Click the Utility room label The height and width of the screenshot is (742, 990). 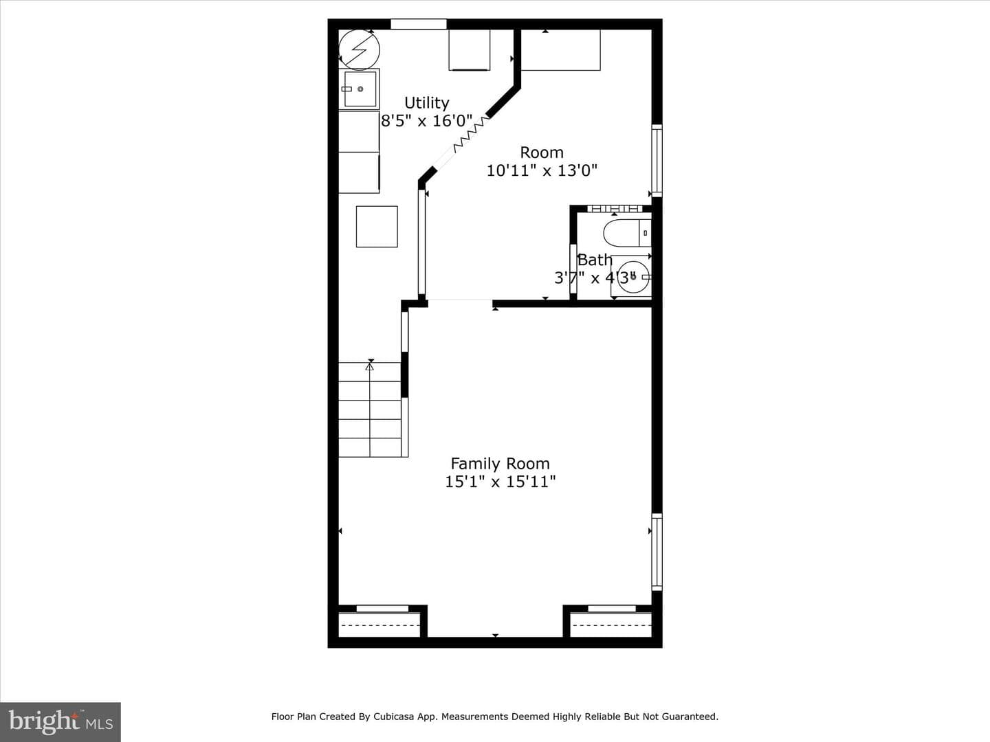pyautogui.click(x=427, y=103)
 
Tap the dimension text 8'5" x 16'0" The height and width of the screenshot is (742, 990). pyautogui.click(x=427, y=121)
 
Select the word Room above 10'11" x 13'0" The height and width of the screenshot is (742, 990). pyautogui.click(x=542, y=153)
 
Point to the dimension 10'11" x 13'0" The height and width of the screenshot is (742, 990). pyautogui.click(x=542, y=171)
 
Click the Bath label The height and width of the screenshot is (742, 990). pyautogui.click(x=595, y=260)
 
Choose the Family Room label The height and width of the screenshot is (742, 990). pyautogui.click(x=500, y=464)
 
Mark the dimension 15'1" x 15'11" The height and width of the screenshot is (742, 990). pyautogui.click(x=500, y=482)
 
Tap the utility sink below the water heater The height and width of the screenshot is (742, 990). pyautogui.click(x=360, y=89)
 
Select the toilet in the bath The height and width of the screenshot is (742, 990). pyautogui.click(x=628, y=233)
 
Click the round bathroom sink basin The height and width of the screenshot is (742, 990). pyautogui.click(x=633, y=277)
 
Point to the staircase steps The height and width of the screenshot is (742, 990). pyautogui.click(x=371, y=409)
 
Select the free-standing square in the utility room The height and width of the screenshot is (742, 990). pyautogui.click(x=377, y=227)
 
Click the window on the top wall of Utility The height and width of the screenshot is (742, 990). pyautogui.click(x=419, y=24)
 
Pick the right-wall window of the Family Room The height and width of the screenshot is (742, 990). pyautogui.click(x=657, y=552)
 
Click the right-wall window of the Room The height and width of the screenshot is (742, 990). pyautogui.click(x=657, y=161)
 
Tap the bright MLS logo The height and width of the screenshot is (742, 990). pyautogui.click(x=60, y=722)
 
